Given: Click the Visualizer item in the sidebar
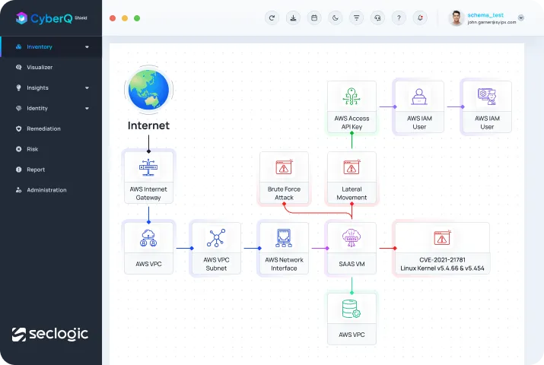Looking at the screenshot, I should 40,67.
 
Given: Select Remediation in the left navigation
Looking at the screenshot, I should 43,129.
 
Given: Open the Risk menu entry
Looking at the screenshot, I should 32,149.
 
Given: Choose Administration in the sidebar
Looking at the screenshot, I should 46,190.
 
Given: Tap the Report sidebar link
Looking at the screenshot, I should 36,170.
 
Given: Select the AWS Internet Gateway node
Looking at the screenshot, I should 148,177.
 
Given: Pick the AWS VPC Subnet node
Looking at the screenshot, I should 216,248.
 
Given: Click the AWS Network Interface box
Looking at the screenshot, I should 284,248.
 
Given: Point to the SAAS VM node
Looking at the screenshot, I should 351,248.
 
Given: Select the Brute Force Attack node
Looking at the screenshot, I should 285,178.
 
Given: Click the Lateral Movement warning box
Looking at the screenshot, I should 352,178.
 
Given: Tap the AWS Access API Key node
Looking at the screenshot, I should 352,107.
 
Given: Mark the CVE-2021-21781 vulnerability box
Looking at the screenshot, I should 441,248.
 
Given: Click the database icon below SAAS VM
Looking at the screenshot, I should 352,309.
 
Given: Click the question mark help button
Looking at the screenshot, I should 399,17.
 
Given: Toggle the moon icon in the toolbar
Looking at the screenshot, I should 335,17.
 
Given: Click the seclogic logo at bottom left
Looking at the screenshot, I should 50,334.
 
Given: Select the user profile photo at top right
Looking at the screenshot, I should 457,18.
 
